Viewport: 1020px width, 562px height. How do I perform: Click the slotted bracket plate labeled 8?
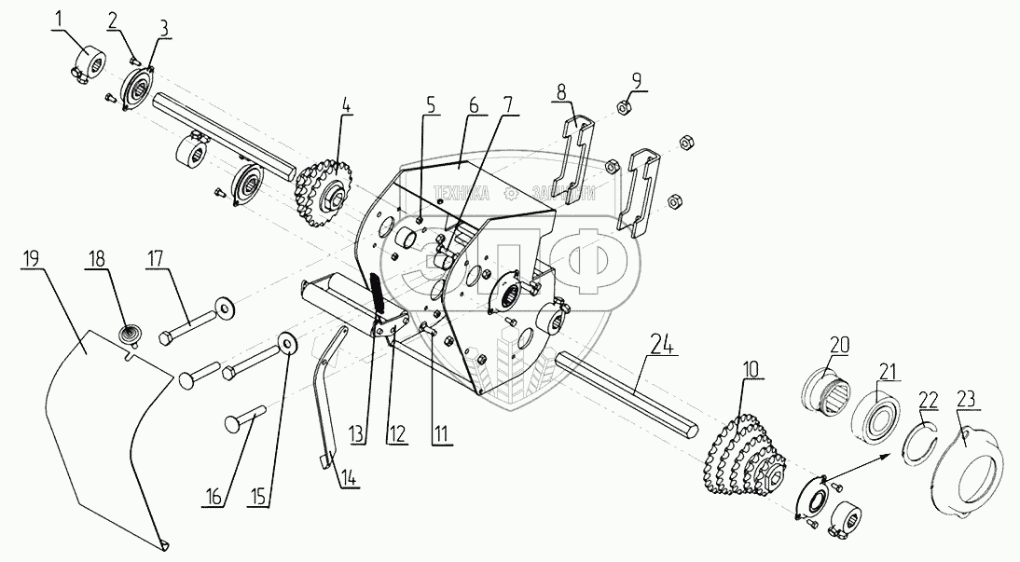click(574, 153)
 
